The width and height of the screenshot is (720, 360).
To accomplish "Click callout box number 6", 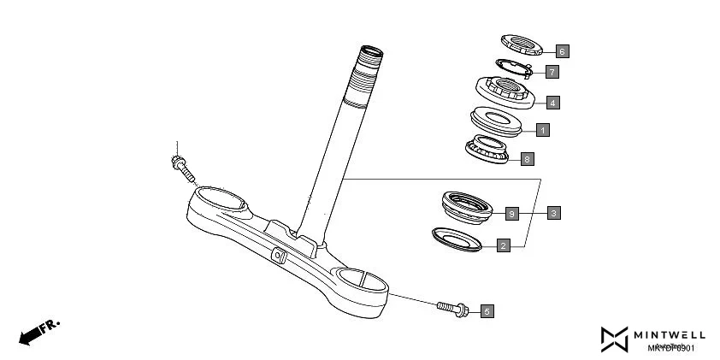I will pos(562,51).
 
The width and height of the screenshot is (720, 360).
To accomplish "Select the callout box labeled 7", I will pos(552,73).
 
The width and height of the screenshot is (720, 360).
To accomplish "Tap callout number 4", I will pos(553,103).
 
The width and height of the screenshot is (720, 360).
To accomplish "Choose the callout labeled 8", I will pos(528,159).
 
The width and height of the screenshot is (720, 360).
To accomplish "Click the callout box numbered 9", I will pos(512,212).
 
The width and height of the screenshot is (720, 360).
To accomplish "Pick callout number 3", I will pos(554,212).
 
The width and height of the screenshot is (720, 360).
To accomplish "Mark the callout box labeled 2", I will pos(504,245).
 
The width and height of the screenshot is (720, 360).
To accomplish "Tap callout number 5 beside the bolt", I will pos(487,311).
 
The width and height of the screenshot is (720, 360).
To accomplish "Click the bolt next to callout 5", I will pos(452,307).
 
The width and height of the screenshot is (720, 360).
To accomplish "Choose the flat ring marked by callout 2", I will pos(457,238).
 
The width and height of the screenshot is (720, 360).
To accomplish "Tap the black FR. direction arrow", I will pos(35,333).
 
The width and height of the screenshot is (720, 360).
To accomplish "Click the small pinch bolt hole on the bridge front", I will pos(279,255).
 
